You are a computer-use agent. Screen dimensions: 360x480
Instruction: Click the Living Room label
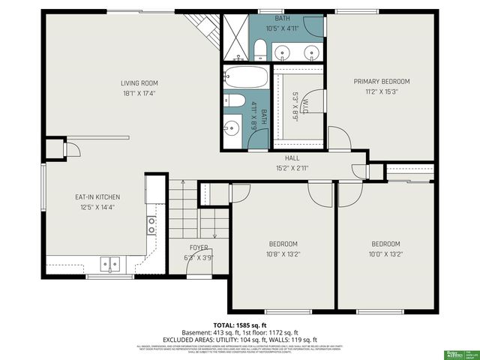pyautogui.click(x=139, y=83)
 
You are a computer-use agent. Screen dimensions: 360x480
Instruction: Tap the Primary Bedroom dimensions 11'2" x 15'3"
pyautogui.click(x=382, y=92)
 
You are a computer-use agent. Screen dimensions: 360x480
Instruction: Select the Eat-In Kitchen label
pyautogui.click(x=97, y=197)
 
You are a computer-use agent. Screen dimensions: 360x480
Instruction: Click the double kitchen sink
pyautogui.click(x=111, y=264)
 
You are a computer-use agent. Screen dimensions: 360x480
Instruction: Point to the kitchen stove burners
pyautogui.click(x=151, y=223)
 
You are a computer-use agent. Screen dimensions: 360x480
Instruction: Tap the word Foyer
pyautogui.click(x=199, y=247)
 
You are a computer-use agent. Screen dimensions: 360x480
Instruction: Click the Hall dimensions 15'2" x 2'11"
pyautogui.click(x=292, y=168)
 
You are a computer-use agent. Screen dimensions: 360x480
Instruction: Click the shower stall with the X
pyautogui.click(x=235, y=34)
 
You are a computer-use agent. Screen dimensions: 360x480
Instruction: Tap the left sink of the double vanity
pyautogui.click(x=283, y=52)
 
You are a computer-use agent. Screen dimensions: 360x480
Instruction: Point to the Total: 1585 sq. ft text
pyautogui.click(x=240, y=325)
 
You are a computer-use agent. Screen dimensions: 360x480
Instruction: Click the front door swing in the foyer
pyautogui.click(x=209, y=259)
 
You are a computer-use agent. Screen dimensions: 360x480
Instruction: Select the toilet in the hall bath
pyautogui.click(x=233, y=101)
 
